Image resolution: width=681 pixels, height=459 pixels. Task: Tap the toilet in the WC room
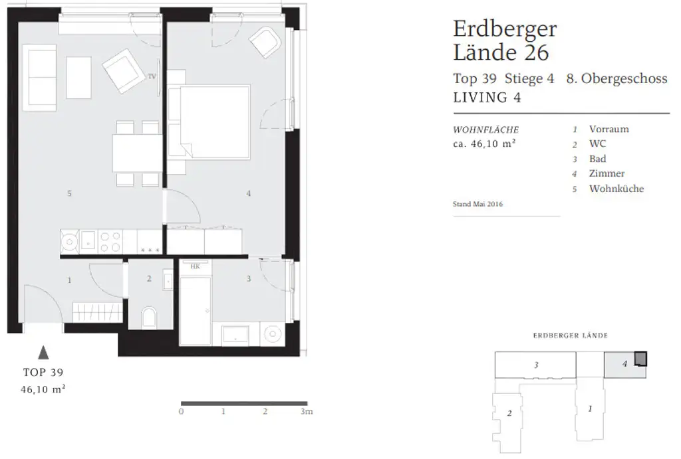point(149,318)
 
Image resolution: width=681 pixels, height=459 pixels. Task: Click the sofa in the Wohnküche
point(39,76)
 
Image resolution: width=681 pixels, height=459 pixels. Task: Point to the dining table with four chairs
point(137,153)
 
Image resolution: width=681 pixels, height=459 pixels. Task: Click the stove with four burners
point(110,240)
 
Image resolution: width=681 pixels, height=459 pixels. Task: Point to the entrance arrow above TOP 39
point(44,352)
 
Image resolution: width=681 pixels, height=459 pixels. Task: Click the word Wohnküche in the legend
point(616,189)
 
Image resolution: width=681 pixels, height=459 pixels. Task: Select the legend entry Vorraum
point(609,129)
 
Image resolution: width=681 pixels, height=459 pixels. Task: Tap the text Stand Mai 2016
point(477,204)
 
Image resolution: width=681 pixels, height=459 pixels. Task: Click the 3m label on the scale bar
point(306,412)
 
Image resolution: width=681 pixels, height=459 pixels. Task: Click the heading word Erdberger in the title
point(505,29)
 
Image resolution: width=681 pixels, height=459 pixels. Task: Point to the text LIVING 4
point(486,98)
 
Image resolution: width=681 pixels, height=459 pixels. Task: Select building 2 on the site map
point(509,414)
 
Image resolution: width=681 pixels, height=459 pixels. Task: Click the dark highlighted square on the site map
point(640,359)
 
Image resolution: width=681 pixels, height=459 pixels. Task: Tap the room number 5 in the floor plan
point(69,193)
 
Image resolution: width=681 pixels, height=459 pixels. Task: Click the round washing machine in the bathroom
point(272,333)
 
